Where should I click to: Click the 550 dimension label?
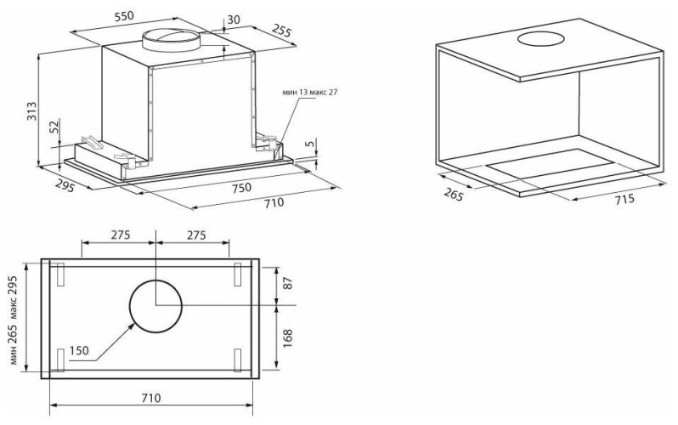pos(124,16)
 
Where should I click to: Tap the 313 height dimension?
pos(32,111)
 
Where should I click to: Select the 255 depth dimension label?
pos(282,30)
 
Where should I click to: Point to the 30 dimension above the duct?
pos(234,20)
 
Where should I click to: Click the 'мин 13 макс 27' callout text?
pos(309,92)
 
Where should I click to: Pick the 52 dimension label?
pos(54,127)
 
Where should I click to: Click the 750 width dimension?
pos(240,188)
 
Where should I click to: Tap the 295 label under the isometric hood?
pos(65,185)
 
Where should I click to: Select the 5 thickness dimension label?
pos(308,144)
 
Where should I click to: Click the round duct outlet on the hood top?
pos(172,40)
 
